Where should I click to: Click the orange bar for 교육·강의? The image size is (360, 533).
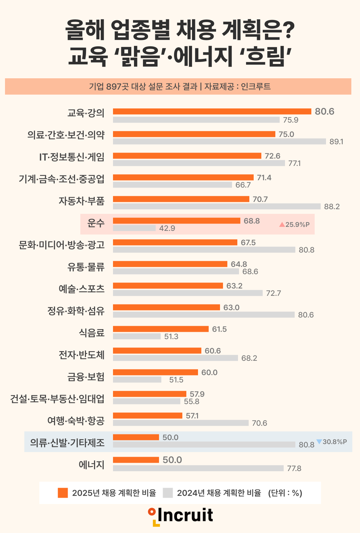click(x=212, y=111)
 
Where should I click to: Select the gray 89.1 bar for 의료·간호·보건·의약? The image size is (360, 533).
click(x=219, y=141)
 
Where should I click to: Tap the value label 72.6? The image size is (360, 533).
click(x=272, y=156)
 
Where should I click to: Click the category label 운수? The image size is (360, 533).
click(x=96, y=223)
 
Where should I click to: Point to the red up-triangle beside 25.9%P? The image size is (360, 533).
click(x=282, y=225)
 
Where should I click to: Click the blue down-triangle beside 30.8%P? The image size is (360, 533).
click(x=319, y=442)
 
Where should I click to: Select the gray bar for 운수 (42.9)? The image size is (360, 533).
click(x=134, y=228)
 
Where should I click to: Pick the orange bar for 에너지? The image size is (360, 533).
click(x=136, y=460)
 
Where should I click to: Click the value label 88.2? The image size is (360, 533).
click(x=332, y=207)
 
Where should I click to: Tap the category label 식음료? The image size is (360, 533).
click(x=92, y=333)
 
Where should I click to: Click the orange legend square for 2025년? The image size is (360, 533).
click(x=63, y=493)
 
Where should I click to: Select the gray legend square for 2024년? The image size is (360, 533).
click(x=168, y=493)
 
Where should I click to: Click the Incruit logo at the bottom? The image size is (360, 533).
click(x=181, y=516)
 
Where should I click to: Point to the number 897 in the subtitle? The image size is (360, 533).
click(x=114, y=87)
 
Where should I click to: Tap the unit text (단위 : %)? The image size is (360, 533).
click(x=285, y=493)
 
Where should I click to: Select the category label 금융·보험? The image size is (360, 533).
click(x=86, y=377)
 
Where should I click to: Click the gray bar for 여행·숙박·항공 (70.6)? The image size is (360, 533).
click(x=181, y=423)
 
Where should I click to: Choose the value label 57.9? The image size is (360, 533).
click(x=197, y=394)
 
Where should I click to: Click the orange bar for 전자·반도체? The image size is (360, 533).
click(x=157, y=350)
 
